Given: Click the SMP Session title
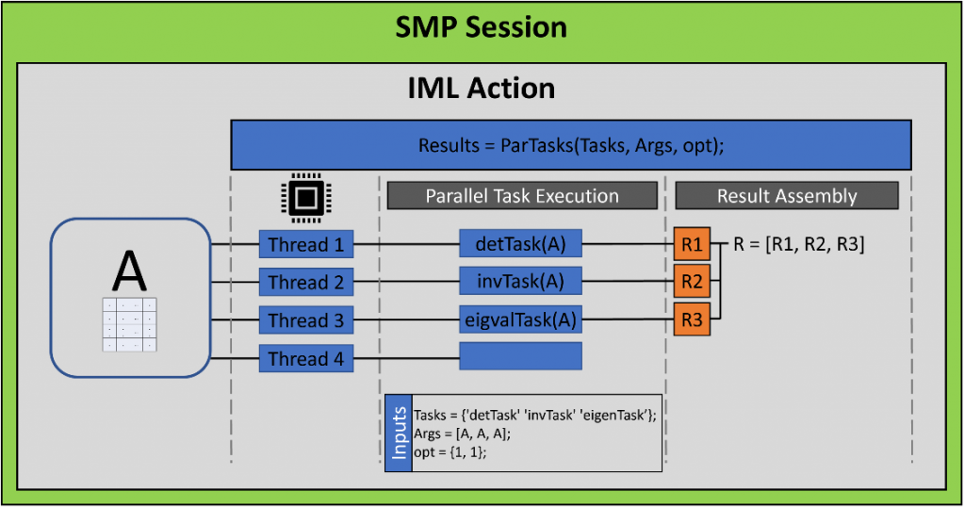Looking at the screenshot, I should coord(482,26).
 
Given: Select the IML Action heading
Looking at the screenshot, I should coord(482,88).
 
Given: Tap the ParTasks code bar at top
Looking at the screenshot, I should coord(571,145).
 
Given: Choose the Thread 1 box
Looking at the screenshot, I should coord(305,245).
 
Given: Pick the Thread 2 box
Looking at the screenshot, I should coord(305,283).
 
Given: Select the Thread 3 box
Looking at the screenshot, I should coord(305,320).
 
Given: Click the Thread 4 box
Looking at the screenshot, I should coord(305,358).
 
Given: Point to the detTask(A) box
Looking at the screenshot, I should coord(520,243).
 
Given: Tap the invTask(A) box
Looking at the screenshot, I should coord(520,281).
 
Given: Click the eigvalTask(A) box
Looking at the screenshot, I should coord(520,319).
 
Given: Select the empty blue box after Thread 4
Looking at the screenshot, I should coord(520,356).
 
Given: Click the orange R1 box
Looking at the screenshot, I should coord(692,244).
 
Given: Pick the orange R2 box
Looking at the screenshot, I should coord(692,281).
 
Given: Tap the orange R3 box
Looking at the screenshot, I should coord(692,320).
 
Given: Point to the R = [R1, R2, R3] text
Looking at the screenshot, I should coord(799,244).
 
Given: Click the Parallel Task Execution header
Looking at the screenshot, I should coord(522,196).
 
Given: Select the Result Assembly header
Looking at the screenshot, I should coord(787,196).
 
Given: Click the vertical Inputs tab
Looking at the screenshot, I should coord(398,432).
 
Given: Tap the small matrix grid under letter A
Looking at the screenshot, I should coord(129,325).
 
